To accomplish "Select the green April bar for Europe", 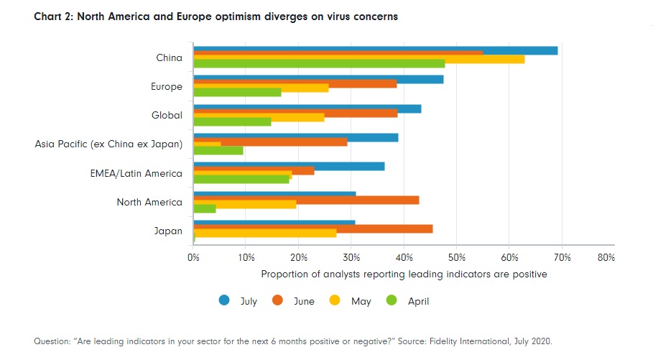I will click(237, 92).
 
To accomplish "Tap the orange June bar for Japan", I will click(313, 229).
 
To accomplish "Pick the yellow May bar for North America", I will click(245, 204).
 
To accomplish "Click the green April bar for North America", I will click(205, 208).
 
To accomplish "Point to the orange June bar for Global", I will click(295, 113).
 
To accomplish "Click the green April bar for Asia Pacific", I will click(218, 150).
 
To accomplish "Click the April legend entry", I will click(409, 301).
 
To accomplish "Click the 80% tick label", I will click(606, 257).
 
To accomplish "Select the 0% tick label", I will click(193, 257).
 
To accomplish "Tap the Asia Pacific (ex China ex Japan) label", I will click(108, 144).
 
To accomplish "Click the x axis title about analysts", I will click(404, 274).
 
